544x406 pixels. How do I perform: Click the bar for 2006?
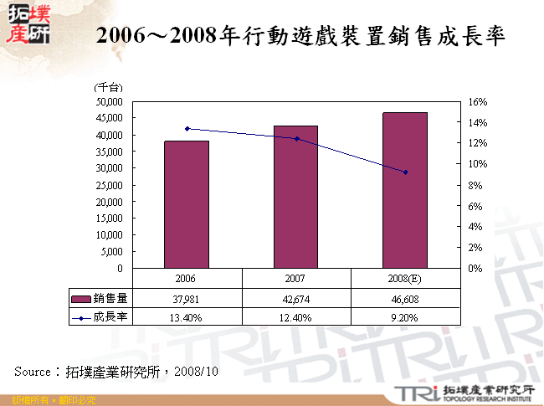[x=187, y=204]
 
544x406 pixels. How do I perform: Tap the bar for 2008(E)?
[x=405, y=190]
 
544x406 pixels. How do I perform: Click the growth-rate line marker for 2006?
[x=187, y=129]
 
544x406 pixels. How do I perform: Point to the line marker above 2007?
[x=295, y=139]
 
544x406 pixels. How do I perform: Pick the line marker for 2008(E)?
[x=405, y=172]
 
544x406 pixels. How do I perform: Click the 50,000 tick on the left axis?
[x=110, y=101]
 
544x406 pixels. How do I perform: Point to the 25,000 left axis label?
[x=110, y=185]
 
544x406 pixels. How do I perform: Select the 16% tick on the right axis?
[x=477, y=102]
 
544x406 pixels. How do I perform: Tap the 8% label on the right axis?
[x=475, y=185]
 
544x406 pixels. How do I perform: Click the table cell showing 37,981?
[x=187, y=298]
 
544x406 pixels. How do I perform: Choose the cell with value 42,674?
[x=295, y=298]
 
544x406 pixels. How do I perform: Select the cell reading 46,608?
[x=405, y=298]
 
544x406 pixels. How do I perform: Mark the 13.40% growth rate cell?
[x=187, y=317]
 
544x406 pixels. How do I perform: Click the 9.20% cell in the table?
[x=405, y=317]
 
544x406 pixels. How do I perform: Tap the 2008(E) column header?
[x=405, y=278]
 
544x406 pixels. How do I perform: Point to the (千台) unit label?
[x=109, y=87]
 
